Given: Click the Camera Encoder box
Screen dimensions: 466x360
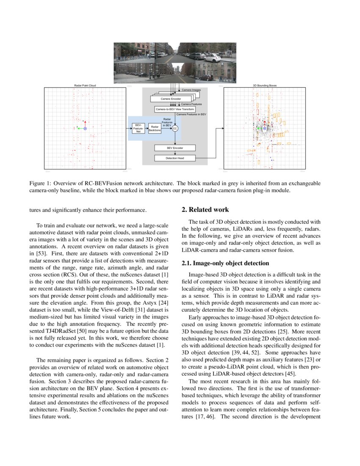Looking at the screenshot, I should tap(170, 99).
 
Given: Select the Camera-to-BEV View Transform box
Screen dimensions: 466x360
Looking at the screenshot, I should tap(175, 109).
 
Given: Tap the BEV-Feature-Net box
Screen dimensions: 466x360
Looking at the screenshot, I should tap(138, 128).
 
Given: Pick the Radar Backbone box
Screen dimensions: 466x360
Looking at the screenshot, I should tap(155, 128).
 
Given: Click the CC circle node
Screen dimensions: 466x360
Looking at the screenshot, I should tap(175, 128).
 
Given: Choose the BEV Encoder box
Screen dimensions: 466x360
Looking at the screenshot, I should tap(175, 148).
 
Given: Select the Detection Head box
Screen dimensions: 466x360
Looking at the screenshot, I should tap(175, 158).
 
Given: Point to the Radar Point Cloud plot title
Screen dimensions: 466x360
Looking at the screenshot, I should tap(85, 86).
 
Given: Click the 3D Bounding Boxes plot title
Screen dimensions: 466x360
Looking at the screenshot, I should tap(264, 86).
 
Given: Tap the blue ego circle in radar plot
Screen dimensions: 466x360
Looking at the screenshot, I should tap(85, 128).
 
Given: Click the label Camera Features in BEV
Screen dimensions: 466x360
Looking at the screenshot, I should tap(191, 114).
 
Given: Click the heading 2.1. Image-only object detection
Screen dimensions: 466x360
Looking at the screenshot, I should tap(225, 263).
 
